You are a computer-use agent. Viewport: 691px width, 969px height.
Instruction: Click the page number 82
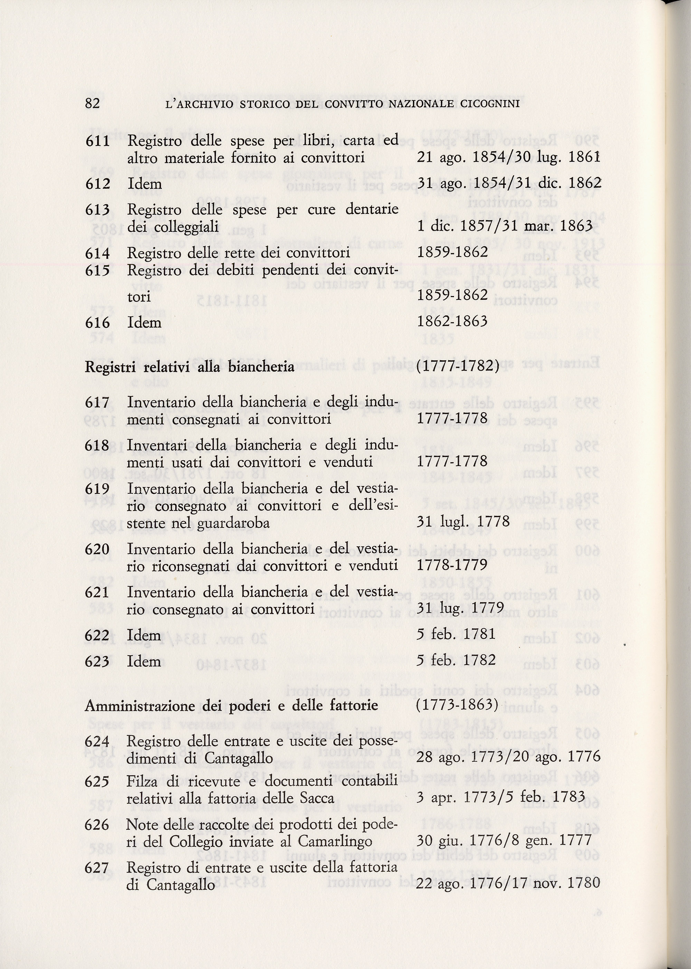tap(92, 103)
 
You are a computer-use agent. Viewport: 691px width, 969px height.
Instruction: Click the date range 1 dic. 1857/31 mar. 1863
tap(505, 226)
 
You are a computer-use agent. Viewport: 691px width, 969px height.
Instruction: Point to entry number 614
tap(97, 253)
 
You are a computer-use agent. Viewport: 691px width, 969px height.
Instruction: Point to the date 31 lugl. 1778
tap(463, 522)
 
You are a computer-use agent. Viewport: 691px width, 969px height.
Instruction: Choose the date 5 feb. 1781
tap(456, 634)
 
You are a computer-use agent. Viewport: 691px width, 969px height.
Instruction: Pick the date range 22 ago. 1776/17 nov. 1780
tap(508, 884)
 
